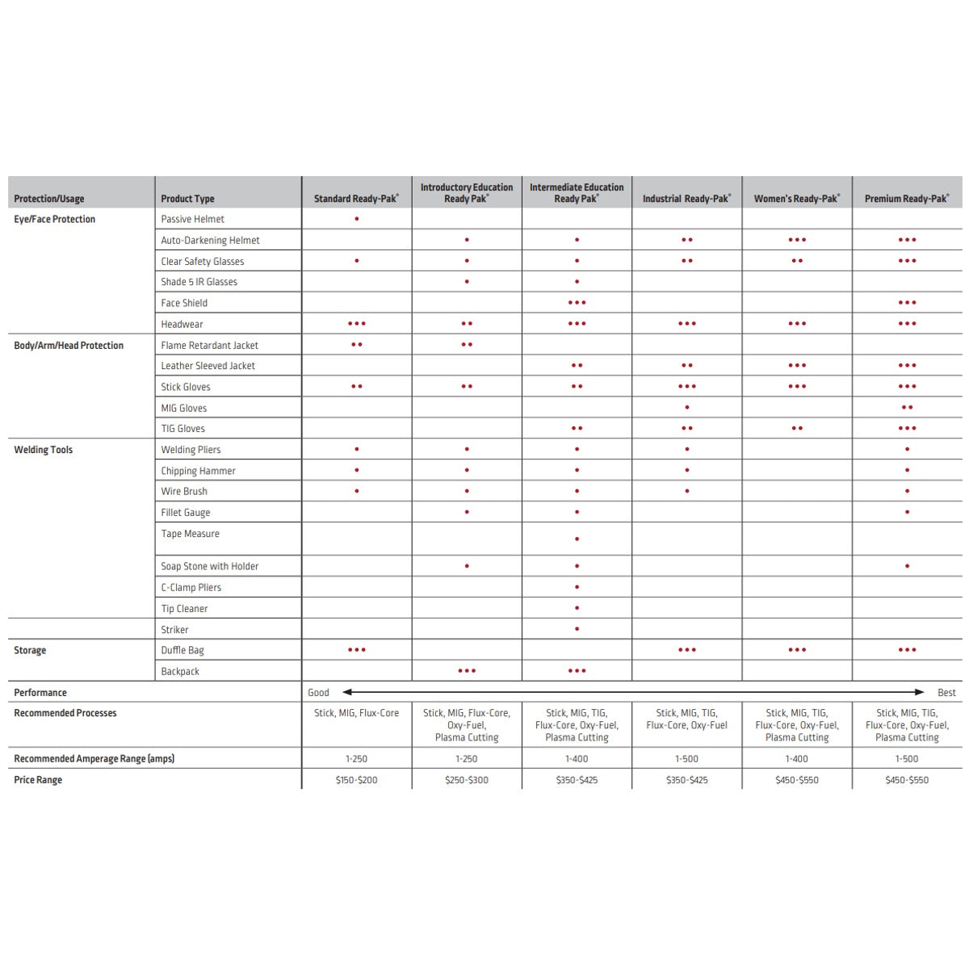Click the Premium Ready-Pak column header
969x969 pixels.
[x=906, y=199]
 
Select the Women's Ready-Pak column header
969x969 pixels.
[x=796, y=199]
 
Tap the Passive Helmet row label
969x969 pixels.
[x=192, y=219]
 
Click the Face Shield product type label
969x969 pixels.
[x=184, y=303]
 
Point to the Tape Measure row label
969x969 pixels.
[x=190, y=534]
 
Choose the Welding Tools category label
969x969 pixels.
[x=44, y=450]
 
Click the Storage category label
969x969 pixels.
[x=30, y=650]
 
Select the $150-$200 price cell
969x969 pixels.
[x=356, y=780]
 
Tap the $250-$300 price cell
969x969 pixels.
[x=467, y=780]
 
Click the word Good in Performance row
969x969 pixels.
[x=318, y=692]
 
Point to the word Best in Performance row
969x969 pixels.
[x=946, y=692]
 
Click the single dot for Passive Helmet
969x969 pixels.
[x=357, y=219]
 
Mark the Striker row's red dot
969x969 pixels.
[x=577, y=629]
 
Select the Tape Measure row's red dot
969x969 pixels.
[x=577, y=539]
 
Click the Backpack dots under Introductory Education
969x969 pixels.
[x=467, y=671]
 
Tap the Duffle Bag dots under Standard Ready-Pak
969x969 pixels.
[x=357, y=650]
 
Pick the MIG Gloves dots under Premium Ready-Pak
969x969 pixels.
[x=907, y=408]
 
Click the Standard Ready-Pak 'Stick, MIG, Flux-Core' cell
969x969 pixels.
[x=356, y=713]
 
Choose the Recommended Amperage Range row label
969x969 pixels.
[x=94, y=758]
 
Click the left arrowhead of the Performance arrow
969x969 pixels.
[x=347, y=692]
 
